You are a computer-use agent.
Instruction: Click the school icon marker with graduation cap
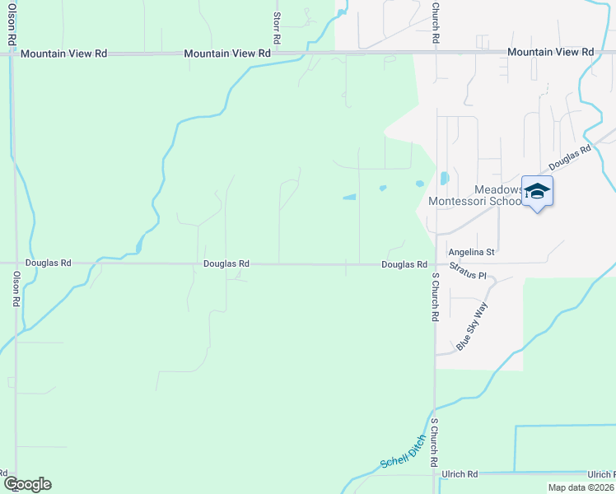[537, 192]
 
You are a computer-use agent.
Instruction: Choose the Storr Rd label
[277, 27]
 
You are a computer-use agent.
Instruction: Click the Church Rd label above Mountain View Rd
[435, 22]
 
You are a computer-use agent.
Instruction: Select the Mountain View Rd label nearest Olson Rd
[64, 54]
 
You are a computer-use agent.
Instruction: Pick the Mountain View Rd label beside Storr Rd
[227, 54]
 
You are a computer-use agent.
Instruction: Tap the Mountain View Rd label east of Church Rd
[550, 52]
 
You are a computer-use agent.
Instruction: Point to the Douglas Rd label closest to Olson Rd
[48, 263]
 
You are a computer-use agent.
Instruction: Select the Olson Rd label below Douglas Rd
[16, 291]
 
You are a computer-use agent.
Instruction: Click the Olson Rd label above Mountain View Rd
[12, 24]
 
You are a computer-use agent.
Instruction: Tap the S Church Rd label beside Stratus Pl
[435, 298]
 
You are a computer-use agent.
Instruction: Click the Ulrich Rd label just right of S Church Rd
[460, 474]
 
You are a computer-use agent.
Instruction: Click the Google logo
[26, 484]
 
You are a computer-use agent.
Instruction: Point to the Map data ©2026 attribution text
[581, 487]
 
